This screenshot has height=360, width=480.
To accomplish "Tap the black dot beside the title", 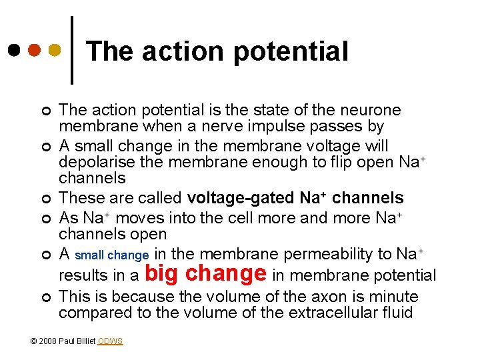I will click(14, 50).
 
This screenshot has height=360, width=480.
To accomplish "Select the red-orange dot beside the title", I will click(35, 50).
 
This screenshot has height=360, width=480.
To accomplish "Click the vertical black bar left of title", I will click(71, 50).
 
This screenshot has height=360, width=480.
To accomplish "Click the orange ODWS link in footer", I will click(110, 341).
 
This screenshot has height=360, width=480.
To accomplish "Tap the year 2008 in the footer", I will click(48, 341).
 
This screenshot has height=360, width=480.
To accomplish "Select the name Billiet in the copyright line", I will click(85, 341).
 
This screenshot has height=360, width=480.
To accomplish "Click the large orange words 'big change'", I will click(205, 273).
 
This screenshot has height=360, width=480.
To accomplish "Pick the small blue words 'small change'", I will click(112, 255).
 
